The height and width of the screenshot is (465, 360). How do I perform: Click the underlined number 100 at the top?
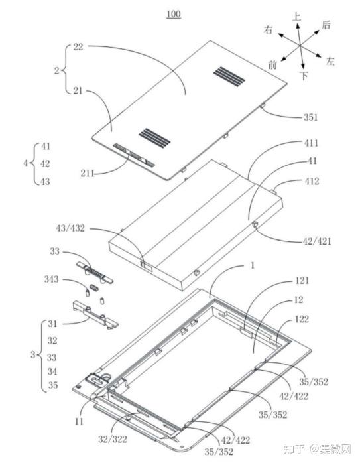click(x=174, y=14)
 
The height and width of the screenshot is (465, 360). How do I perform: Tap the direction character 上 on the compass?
click(x=296, y=17)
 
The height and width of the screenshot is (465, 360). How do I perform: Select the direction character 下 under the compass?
click(x=304, y=76)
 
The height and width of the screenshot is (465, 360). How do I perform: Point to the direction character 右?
click(x=269, y=30)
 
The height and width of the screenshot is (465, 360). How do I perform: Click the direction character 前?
click(x=272, y=64)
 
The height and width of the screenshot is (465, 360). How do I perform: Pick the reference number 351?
click(x=311, y=117)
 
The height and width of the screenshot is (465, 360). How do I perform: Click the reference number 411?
click(x=312, y=143)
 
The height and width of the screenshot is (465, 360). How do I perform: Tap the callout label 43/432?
click(x=70, y=228)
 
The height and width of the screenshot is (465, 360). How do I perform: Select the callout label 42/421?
click(x=316, y=241)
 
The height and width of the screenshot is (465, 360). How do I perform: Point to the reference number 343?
click(x=51, y=279)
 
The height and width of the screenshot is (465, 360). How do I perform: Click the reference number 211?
click(x=88, y=173)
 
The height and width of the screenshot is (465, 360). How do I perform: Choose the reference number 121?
click(x=302, y=281)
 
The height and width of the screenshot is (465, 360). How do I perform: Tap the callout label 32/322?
click(x=113, y=439)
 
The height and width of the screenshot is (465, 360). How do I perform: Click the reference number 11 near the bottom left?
click(x=79, y=421)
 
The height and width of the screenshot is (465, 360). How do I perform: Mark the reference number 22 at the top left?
click(x=78, y=47)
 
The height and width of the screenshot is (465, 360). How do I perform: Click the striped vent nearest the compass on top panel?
click(x=229, y=76)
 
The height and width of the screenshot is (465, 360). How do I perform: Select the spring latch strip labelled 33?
click(x=95, y=272)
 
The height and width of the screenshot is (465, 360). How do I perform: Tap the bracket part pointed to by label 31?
click(x=95, y=315)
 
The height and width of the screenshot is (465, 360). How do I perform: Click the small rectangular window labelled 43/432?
click(x=147, y=265)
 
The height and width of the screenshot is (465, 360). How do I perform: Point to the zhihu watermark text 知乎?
click(x=294, y=449)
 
